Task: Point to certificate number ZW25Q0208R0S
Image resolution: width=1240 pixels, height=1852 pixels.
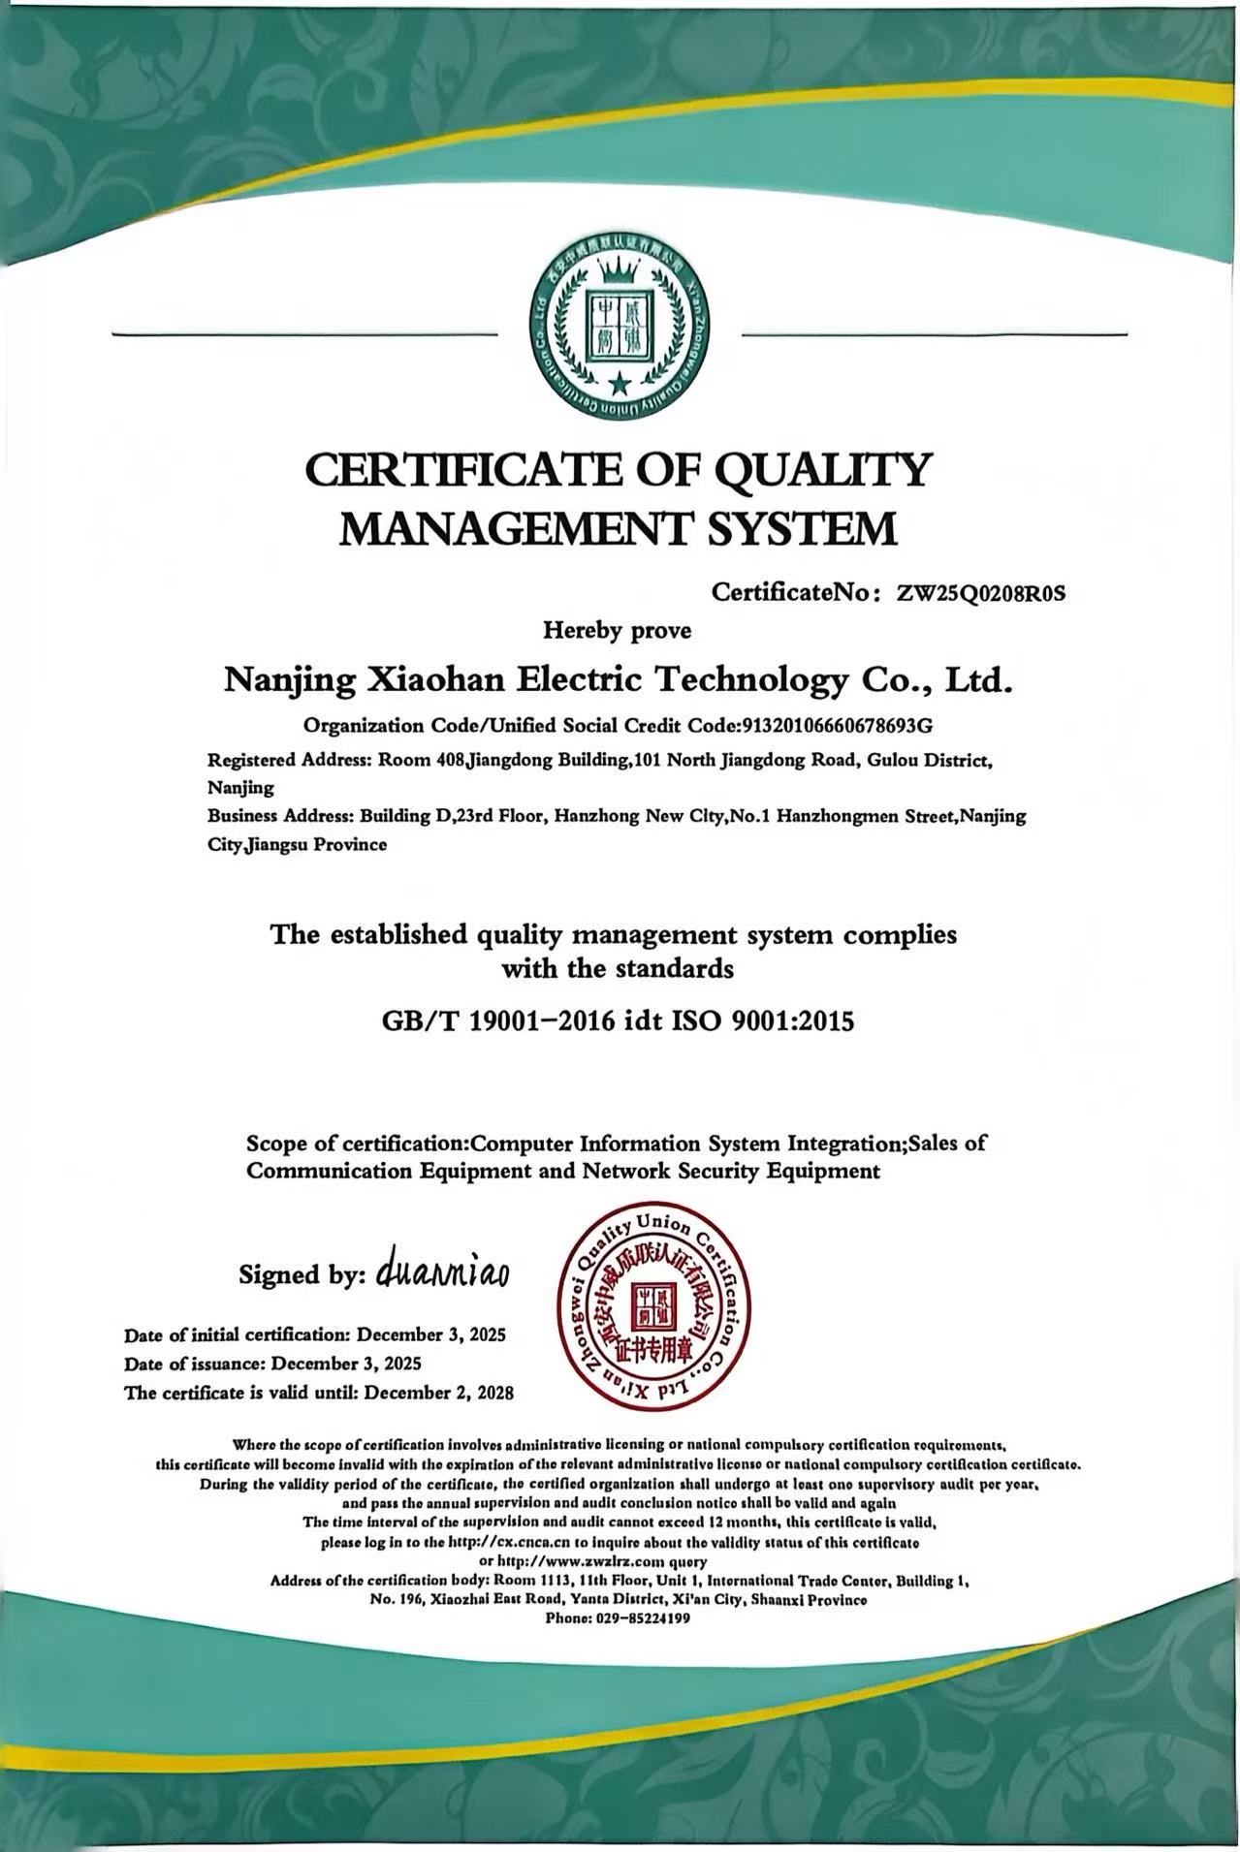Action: pyautogui.click(x=980, y=593)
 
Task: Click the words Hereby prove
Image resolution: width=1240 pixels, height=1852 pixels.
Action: pyautogui.click(x=618, y=631)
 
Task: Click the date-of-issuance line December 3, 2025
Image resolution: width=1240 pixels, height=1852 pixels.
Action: pyautogui.click(x=346, y=1364)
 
